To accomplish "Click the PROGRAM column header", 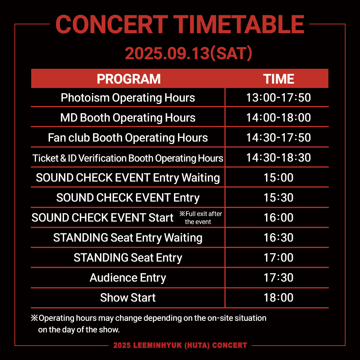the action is coord(128,79).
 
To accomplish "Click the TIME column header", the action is coord(278,79).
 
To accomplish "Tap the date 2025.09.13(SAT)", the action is coord(188,53).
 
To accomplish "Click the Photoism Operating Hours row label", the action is coord(128,98).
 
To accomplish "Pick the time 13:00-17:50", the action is coord(278,98).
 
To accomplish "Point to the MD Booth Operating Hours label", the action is coord(128,118).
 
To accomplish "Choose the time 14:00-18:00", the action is coord(278,118).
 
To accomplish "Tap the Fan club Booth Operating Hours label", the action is coord(128,138).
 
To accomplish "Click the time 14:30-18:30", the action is coord(278,158).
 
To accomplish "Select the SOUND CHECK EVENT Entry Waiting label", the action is coord(128,178).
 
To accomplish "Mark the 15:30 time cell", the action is coord(278,198).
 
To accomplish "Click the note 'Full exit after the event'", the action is coord(200,218).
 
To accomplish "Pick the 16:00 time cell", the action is coord(278,218).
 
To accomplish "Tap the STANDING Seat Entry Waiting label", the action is coord(128,238).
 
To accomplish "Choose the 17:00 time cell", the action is coord(278,257).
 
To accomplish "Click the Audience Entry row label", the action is coord(128,278).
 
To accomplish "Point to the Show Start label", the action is coord(128,298).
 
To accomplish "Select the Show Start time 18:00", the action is coord(278,298).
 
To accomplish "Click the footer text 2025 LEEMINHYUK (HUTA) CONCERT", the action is coord(180,345).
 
